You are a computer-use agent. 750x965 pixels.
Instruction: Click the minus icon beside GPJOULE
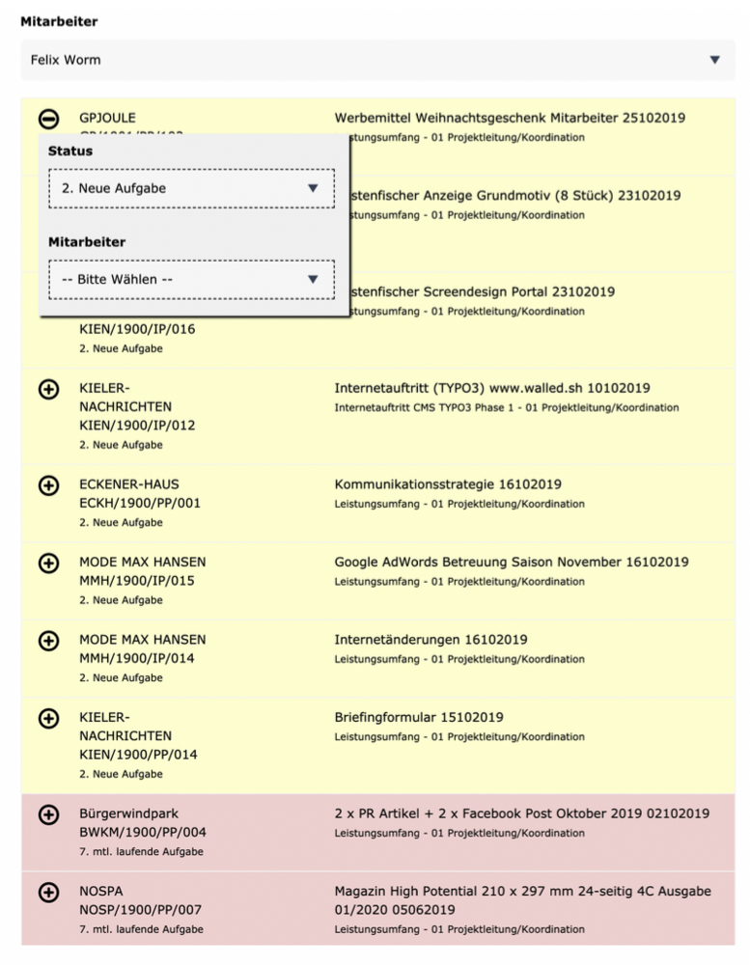point(48,118)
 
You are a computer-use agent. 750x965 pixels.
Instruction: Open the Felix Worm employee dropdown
point(376,60)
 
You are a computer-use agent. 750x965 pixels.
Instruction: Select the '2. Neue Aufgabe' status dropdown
point(191,188)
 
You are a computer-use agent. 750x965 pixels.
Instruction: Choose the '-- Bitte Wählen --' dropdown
point(191,280)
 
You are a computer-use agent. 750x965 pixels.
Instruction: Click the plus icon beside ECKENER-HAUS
point(48,485)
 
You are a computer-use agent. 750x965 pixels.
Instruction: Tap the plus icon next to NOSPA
point(48,893)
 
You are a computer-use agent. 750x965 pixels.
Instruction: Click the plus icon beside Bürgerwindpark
point(48,815)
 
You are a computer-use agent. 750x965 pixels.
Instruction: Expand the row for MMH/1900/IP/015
point(48,563)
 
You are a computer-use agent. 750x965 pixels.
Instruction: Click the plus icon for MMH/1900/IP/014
point(48,641)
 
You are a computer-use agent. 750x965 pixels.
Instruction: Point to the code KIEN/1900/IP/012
point(137,426)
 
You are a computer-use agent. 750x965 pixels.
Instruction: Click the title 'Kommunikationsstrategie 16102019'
point(448,484)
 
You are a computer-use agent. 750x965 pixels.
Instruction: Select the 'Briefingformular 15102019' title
point(419,717)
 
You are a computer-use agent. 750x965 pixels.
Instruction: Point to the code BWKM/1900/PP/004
point(143,833)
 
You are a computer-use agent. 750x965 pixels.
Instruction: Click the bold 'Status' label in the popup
point(70,152)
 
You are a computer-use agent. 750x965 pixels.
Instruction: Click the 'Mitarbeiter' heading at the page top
point(59,21)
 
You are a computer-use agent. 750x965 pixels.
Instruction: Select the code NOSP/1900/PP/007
point(141,910)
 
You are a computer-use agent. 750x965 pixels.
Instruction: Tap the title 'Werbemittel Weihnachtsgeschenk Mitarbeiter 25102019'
point(510,118)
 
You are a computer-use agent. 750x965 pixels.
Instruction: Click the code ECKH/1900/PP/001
point(140,504)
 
